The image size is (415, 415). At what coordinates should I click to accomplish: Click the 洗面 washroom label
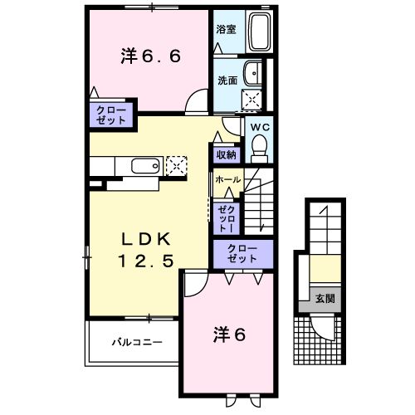[x=227, y=81]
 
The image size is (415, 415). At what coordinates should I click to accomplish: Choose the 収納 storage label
[x=227, y=154]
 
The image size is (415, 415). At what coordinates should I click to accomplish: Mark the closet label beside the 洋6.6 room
[x=110, y=115]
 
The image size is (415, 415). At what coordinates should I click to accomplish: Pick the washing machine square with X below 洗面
[x=250, y=100]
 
